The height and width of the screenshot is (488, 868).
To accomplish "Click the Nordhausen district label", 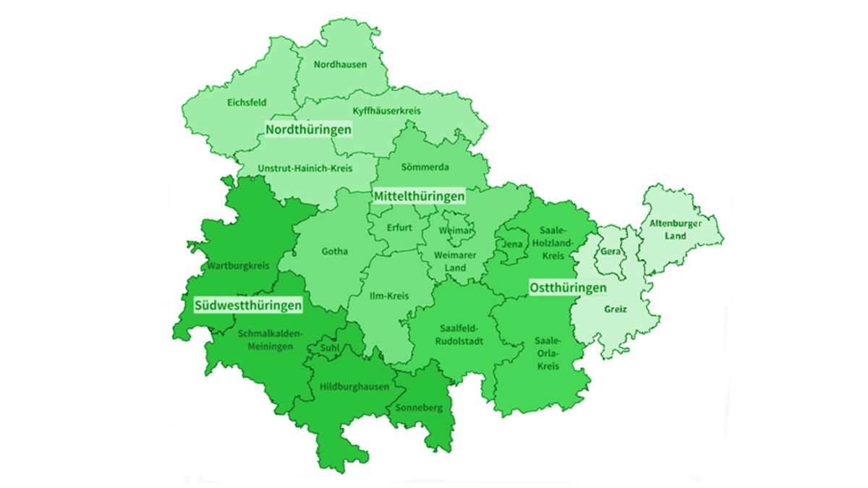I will [340, 64].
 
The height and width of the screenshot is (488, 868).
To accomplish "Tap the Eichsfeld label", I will [247, 103].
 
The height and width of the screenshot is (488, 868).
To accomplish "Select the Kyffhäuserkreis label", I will [386, 111].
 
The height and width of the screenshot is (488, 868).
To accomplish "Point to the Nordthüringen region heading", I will [308, 129].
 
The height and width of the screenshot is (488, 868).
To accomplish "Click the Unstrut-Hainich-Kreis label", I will [305, 168].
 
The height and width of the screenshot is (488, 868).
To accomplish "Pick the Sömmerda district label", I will [425, 167].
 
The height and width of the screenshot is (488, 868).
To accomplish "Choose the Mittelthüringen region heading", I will [419, 196].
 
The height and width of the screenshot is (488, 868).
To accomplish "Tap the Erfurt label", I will [399, 228].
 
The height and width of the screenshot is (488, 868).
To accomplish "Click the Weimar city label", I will [459, 230].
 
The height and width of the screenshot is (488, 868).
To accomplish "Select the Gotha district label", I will [335, 252].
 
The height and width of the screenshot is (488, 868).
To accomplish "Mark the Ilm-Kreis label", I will [389, 296].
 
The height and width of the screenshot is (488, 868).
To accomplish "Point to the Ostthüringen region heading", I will [568, 288].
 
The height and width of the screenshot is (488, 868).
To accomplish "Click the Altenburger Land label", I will [675, 229].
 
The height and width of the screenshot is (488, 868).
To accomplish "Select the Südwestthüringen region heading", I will [248, 306].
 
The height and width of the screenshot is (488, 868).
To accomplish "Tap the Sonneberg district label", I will [418, 408].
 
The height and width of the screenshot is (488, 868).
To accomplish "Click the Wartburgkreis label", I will [238, 266].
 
